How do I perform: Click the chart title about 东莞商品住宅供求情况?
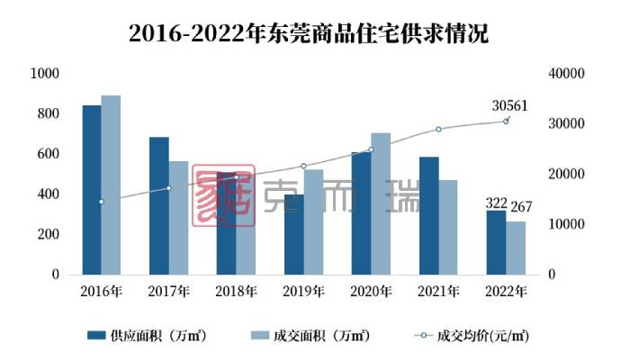(315, 35)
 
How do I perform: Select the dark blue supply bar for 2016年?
(92, 190)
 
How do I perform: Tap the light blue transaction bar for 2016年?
(111, 185)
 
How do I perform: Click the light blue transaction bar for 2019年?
(313, 222)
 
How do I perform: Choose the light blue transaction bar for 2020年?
(381, 204)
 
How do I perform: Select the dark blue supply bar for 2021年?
(428, 215)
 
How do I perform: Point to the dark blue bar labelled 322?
(496, 242)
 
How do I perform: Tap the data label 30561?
(509, 105)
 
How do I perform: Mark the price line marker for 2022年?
(506, 121)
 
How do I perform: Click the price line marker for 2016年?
(101, 202)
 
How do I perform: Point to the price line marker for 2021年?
(438, 130)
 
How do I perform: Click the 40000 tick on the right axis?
(569, 73)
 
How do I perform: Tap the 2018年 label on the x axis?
(236, 292)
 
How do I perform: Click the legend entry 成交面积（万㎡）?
(310, 336)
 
